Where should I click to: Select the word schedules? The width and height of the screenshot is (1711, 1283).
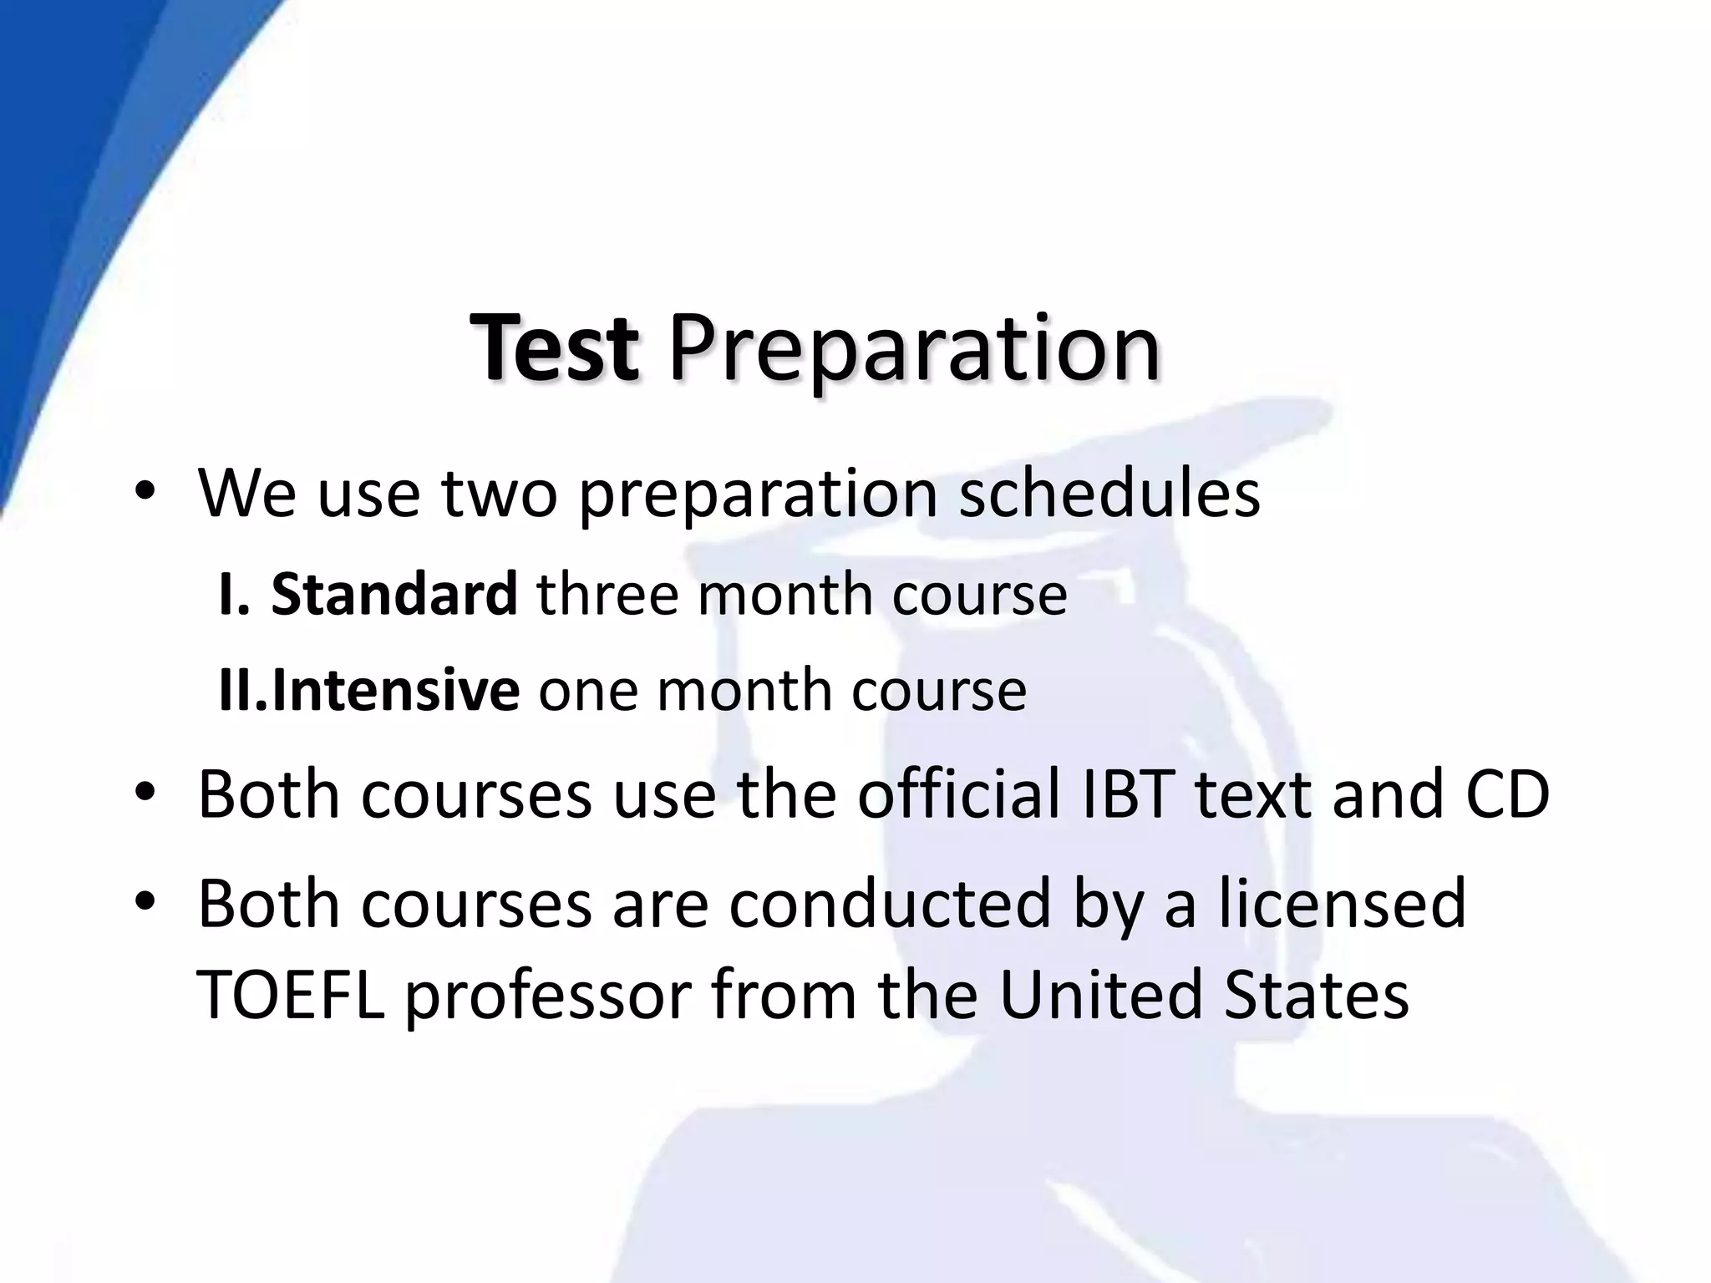pyautogui.click(x=1109, y=493)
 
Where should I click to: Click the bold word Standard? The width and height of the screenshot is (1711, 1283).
pyautogui.click(x=394, y=594)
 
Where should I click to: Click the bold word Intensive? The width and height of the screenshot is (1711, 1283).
pyautogui.click(x=395, y=690)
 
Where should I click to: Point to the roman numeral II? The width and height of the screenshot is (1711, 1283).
pyautogui.click(x=241, y=690)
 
